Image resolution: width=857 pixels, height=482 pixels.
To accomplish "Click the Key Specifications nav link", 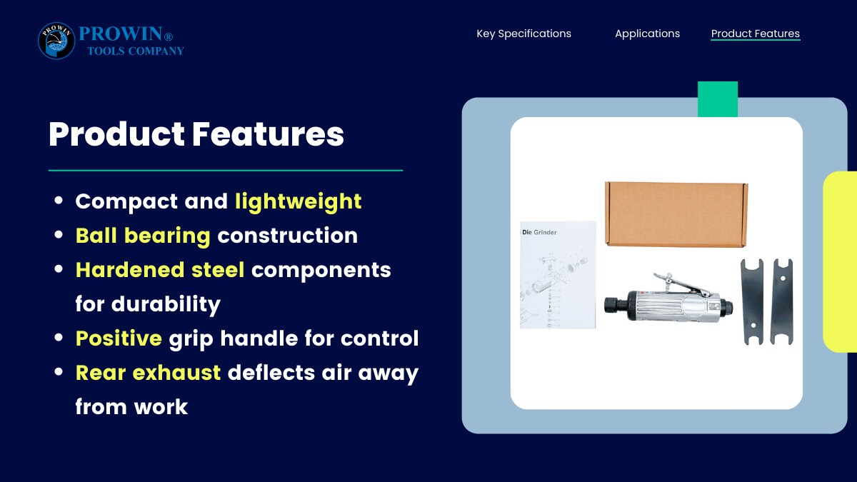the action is (523, 34).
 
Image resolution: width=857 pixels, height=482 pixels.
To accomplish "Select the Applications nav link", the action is (647, 34).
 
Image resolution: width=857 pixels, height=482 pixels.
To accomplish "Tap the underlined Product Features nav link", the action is (756, 34).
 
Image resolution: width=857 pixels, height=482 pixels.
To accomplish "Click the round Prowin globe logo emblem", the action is (56, 41).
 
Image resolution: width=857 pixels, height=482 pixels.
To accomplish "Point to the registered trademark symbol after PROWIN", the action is (169, 36).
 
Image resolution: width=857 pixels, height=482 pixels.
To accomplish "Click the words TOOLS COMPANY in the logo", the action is (136, 51).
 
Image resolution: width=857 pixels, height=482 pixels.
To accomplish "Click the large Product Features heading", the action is (196, 134).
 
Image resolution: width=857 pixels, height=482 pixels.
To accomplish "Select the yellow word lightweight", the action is (299, 201).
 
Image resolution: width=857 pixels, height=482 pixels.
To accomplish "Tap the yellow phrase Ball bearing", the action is (143, 236).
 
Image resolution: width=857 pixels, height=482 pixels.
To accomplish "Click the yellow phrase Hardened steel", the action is (160, 270).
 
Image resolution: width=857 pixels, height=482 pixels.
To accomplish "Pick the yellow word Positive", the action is (119, 338).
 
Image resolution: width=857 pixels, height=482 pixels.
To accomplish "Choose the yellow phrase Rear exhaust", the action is (148, 373).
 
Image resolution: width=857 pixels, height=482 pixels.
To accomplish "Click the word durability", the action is (166, 304).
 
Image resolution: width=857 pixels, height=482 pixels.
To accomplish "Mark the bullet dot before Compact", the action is (59, 200).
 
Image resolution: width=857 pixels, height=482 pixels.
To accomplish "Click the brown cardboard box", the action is (676, 214).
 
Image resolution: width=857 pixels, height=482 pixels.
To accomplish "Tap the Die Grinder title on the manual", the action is (539, 232).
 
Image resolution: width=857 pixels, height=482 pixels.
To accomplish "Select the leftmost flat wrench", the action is (753, 302).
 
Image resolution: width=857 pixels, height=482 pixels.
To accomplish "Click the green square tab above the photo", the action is (718, 99).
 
